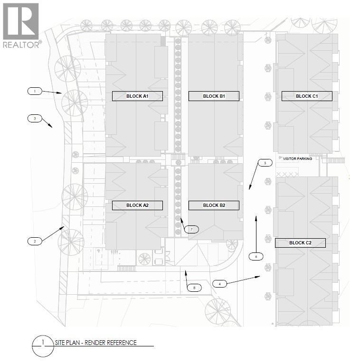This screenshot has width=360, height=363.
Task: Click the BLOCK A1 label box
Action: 137,96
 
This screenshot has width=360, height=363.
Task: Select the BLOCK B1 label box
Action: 214,96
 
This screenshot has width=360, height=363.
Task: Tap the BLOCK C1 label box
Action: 307,96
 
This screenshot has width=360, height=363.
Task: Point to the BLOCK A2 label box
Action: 137,205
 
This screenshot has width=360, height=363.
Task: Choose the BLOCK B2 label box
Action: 214,205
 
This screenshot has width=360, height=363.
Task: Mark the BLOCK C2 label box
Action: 300,243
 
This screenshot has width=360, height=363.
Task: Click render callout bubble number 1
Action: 35,91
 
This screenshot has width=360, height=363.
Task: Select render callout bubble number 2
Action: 35,241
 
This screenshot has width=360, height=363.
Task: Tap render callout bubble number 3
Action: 35,119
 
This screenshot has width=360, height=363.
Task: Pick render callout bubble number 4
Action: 219,284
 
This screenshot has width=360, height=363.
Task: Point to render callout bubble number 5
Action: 265,163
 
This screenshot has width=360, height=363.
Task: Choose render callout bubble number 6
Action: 256,257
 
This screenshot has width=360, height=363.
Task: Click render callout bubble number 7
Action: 191,229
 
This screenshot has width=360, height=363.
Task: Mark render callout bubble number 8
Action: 194,288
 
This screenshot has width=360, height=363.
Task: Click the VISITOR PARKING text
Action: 297,159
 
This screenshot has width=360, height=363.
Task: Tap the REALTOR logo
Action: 21,26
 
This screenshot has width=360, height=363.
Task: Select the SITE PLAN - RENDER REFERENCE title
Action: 95,343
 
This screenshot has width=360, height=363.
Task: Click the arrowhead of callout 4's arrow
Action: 259,277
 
